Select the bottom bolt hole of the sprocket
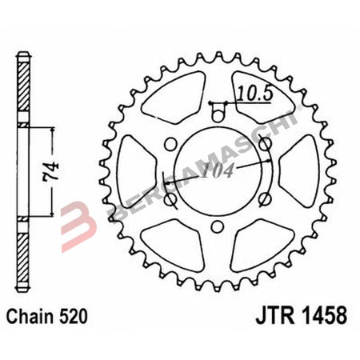[x=214, y=227]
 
